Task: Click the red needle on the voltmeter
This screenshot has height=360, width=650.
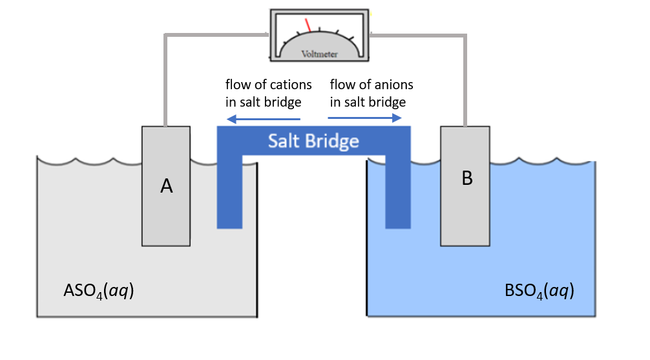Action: coord(309,24)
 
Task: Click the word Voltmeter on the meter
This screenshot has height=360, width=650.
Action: coord(319,54)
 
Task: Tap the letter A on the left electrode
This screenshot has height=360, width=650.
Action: coord(166,186)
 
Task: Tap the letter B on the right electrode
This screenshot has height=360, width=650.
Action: coord(467,180)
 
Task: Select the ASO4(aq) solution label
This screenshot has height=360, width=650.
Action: coord(98,291)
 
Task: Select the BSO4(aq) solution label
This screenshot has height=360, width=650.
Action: coord(539,291)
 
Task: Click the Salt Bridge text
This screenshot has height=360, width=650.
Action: coord(313,140)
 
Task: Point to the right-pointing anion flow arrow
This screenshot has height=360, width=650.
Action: coord(365,118)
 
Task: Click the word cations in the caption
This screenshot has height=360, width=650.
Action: coord(291,85)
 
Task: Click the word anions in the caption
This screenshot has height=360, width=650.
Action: coord(393,85)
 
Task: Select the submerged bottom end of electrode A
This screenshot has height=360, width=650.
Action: coord(166,236)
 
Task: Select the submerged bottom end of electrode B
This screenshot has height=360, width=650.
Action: coord(465,236)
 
